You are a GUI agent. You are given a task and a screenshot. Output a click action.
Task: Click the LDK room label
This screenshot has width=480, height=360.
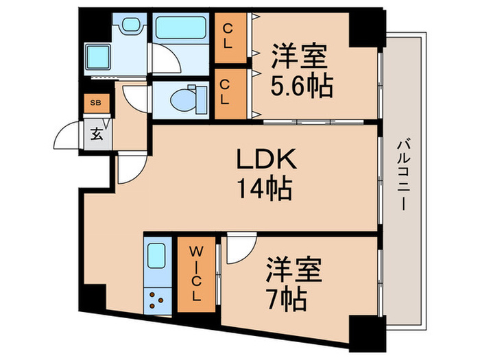[x=266, y=160]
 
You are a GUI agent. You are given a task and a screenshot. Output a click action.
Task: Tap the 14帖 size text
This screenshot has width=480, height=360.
[x=266, y=187]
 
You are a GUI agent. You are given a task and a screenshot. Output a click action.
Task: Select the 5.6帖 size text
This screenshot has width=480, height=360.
[x=301, y=86]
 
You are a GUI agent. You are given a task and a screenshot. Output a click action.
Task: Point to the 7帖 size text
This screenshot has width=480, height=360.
[x=287, y=299]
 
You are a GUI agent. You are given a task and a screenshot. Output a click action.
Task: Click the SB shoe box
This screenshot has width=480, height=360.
[x=94, y=104]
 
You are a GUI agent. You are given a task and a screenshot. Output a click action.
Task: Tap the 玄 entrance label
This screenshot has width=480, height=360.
[x=93, y=130]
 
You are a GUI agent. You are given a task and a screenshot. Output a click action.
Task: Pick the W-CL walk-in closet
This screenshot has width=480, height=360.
[x=195, y=274]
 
